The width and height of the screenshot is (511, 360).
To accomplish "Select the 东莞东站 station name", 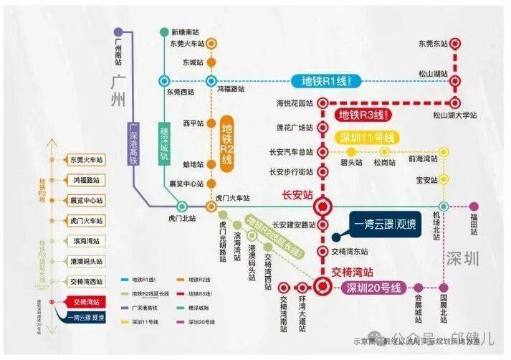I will (x=434, y=44).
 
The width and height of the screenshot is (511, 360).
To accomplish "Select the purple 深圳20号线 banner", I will (x=373, y=288).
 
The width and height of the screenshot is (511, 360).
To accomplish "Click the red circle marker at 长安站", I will (x=323, y=207).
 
